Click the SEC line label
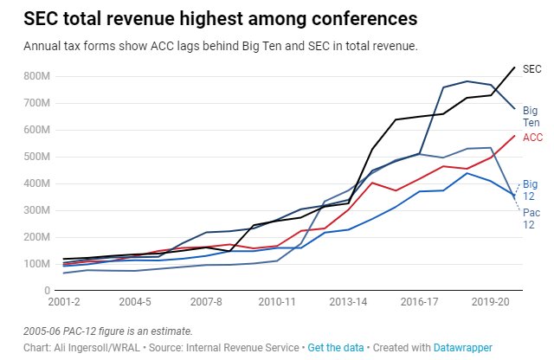533,68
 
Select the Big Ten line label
531,117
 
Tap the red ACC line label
533,138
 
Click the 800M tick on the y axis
39,76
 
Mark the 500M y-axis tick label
39,157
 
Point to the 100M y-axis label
39,264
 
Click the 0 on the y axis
48,291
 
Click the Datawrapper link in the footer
461,347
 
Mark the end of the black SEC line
515,67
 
